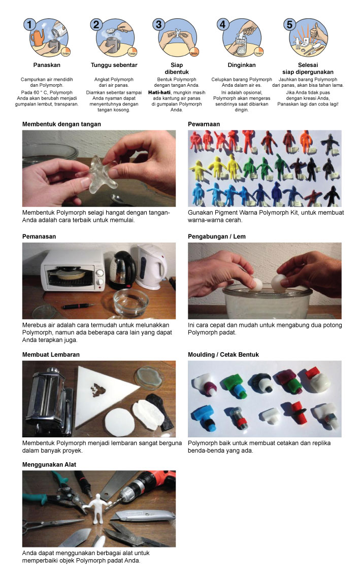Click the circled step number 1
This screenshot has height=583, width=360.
pos(30,25)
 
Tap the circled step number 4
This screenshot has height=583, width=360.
pos(222,24)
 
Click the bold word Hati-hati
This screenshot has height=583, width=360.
pos(159,92)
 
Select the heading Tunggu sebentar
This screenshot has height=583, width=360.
pos(114,65)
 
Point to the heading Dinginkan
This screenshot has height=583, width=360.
pos(242,65)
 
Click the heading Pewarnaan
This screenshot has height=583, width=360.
pos(204,124)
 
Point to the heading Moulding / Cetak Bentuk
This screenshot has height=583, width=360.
pos(223,355)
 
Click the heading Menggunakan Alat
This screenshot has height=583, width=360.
pos(49,465)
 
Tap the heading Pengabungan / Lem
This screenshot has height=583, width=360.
pos(217,236)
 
